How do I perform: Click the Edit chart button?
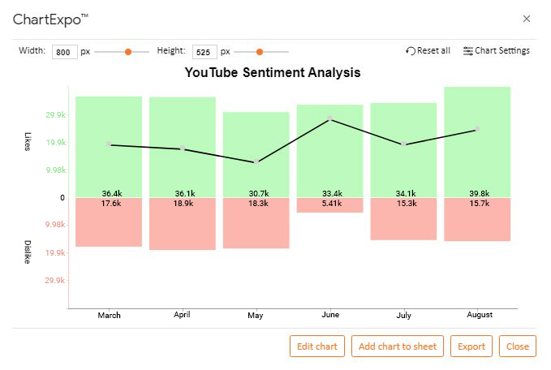click(x=317, y=346)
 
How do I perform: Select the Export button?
click(x=471, y=346)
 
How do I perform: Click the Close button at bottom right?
click(x=518, y=346)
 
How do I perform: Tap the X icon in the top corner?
click(x=527, y=19)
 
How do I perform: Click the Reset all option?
click(x=428, y=51)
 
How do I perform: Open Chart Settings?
click(x=496, y=51)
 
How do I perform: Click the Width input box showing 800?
click(x=62, y=52)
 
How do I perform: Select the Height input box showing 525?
click(x=204, y=52)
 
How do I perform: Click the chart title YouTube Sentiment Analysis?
click(x=272, y=73)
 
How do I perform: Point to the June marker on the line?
click(x=330, y=118)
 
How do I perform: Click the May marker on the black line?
click(x=256, y=162)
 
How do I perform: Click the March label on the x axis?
click(x=109, y=315)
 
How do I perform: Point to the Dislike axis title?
click(x=27, y=252)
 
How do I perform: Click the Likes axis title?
click(x=27, y=140)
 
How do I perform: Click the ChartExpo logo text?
click(x=50, y=19)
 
